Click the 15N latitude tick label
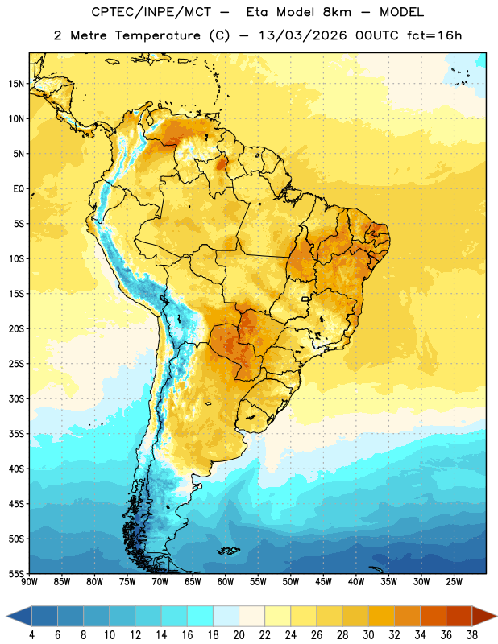point(16,84)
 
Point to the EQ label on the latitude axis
point(19,189)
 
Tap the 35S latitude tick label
point(16,434)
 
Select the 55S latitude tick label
point(16,573)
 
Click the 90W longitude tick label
point(29,582)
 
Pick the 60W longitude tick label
point(226,582)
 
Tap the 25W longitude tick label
point(454,582)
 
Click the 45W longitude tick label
point(323,582)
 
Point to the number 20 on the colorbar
point(239,635)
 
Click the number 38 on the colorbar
point(472,635)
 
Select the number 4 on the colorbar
point(31,635)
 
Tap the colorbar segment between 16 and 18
point(200,616)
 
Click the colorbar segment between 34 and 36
point(434,616)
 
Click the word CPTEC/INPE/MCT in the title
point(151,12)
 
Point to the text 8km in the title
point(337,12)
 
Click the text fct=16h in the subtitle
point(434,35)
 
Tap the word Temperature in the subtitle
point(157,36)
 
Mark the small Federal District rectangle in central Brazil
point(305,299)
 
